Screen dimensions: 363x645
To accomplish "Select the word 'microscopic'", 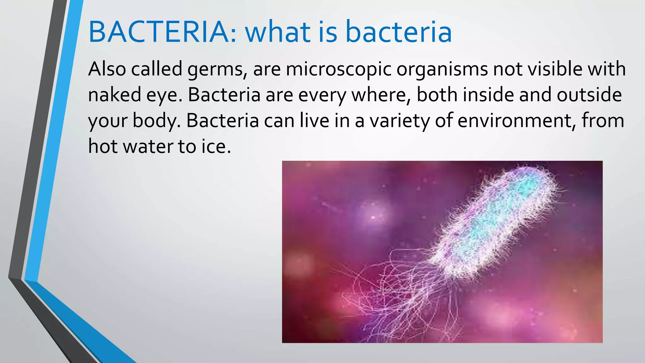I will coord(339,70).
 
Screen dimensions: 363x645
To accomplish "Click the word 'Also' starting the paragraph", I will coord(107,69).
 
